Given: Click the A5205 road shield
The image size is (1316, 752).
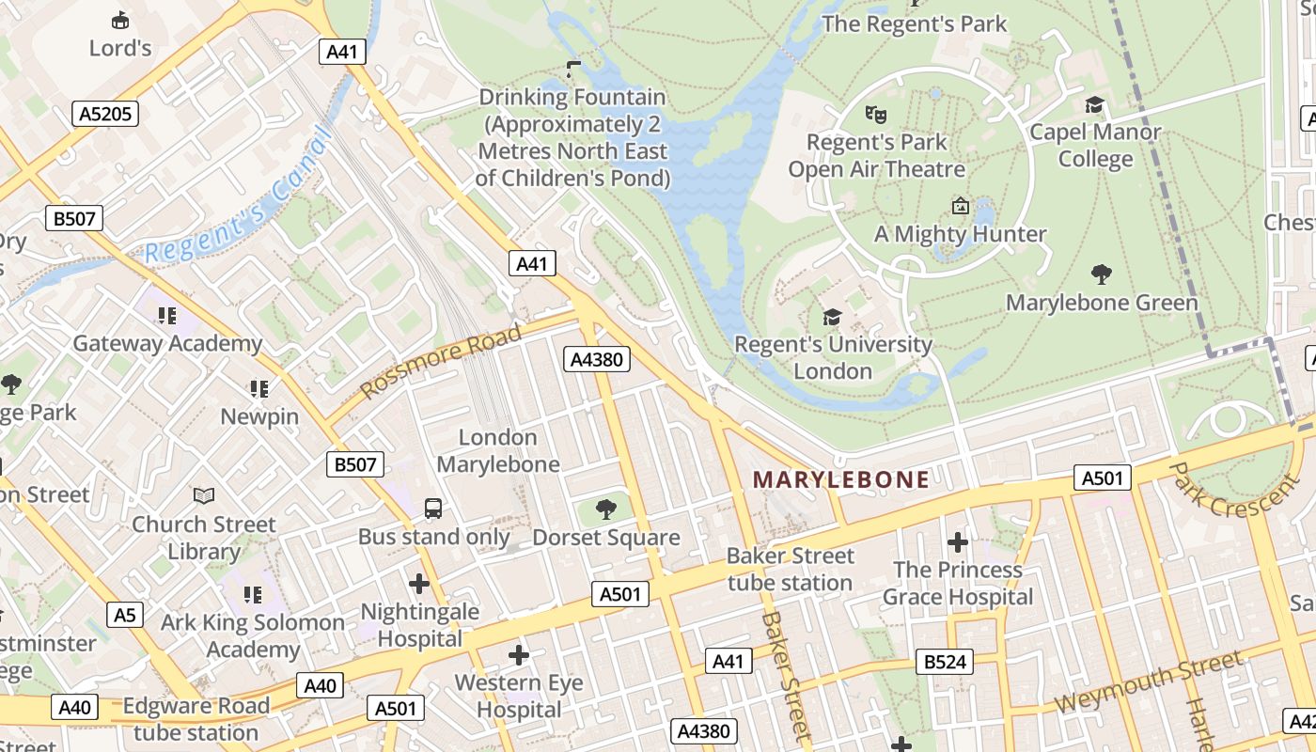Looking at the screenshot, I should tap(106, 114).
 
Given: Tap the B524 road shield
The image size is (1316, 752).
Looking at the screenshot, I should tap(945, 662).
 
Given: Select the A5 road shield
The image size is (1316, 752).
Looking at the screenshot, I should tap(125, 615).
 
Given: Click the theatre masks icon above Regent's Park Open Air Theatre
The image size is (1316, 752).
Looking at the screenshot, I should tap(876, 115).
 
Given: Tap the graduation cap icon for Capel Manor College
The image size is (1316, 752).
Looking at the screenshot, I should tap(1094, 104).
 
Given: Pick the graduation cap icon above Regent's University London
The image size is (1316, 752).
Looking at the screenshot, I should tap(832, 317).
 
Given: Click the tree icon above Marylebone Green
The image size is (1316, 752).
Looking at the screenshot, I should tap(1102, 274).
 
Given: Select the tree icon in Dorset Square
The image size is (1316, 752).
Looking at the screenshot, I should tap(606, 509).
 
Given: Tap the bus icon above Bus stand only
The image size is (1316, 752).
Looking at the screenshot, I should tap(433, 509).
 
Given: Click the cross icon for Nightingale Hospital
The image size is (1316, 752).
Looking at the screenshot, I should tap(419, 584).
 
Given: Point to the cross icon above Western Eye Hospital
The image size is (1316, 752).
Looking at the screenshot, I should tap(518, 654).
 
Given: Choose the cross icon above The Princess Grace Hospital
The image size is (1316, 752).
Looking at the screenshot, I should tap(957, 542).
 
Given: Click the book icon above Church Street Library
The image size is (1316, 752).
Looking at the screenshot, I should tap(203, 495).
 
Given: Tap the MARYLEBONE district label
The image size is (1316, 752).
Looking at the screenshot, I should tap(840, 479).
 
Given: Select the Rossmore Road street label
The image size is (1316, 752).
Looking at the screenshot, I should tap(441, 362).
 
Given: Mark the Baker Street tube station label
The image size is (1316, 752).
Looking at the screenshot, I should tap(790, 569).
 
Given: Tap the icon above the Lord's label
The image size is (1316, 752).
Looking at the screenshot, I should tap(120, 20).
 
